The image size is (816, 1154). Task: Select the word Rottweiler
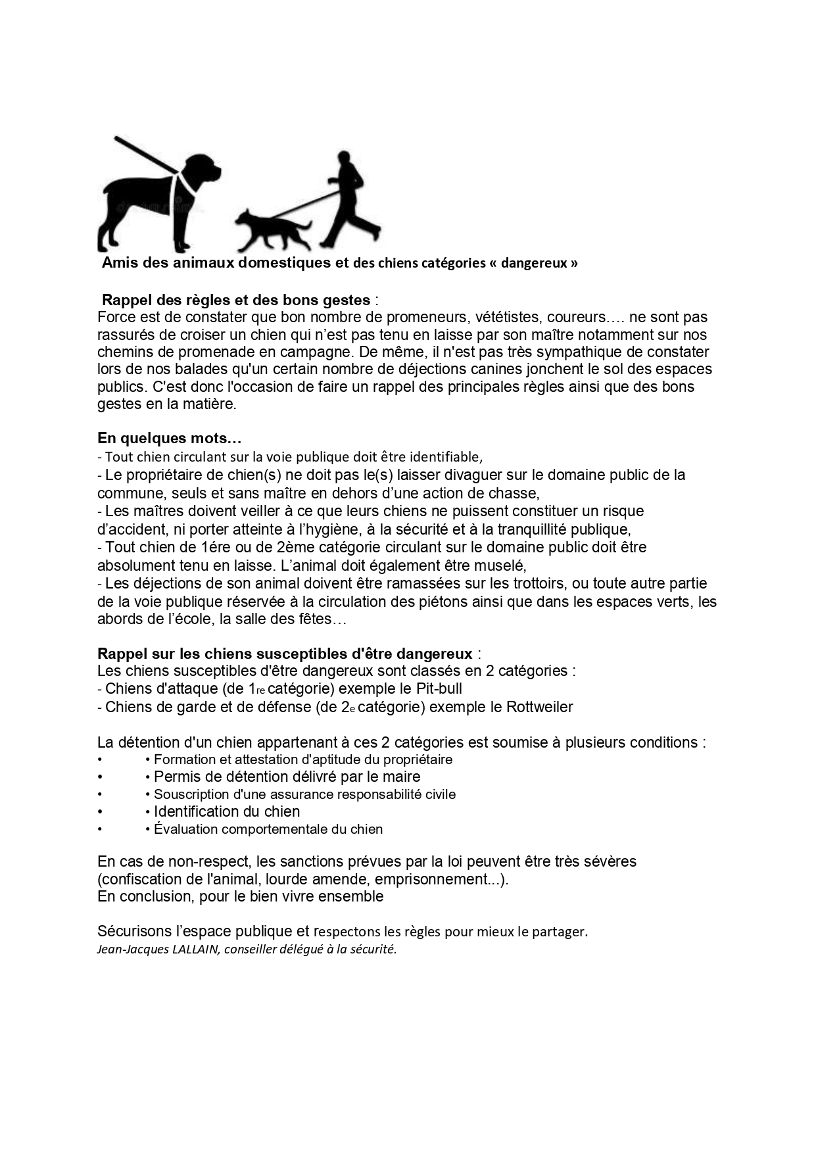click(539, 708)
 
